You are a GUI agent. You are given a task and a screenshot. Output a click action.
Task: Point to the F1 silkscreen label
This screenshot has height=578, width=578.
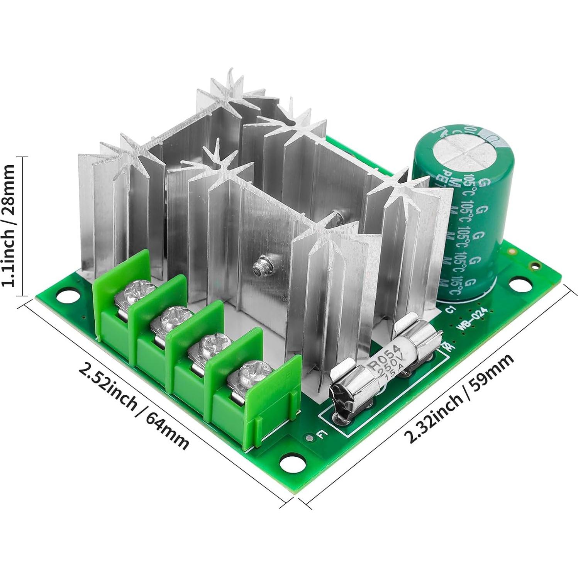tap(320, 435)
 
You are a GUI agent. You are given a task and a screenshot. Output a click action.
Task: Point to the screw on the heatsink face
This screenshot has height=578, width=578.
tap(258, 266)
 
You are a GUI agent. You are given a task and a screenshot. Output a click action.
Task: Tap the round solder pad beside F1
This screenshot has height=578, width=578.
tap(309, 438)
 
